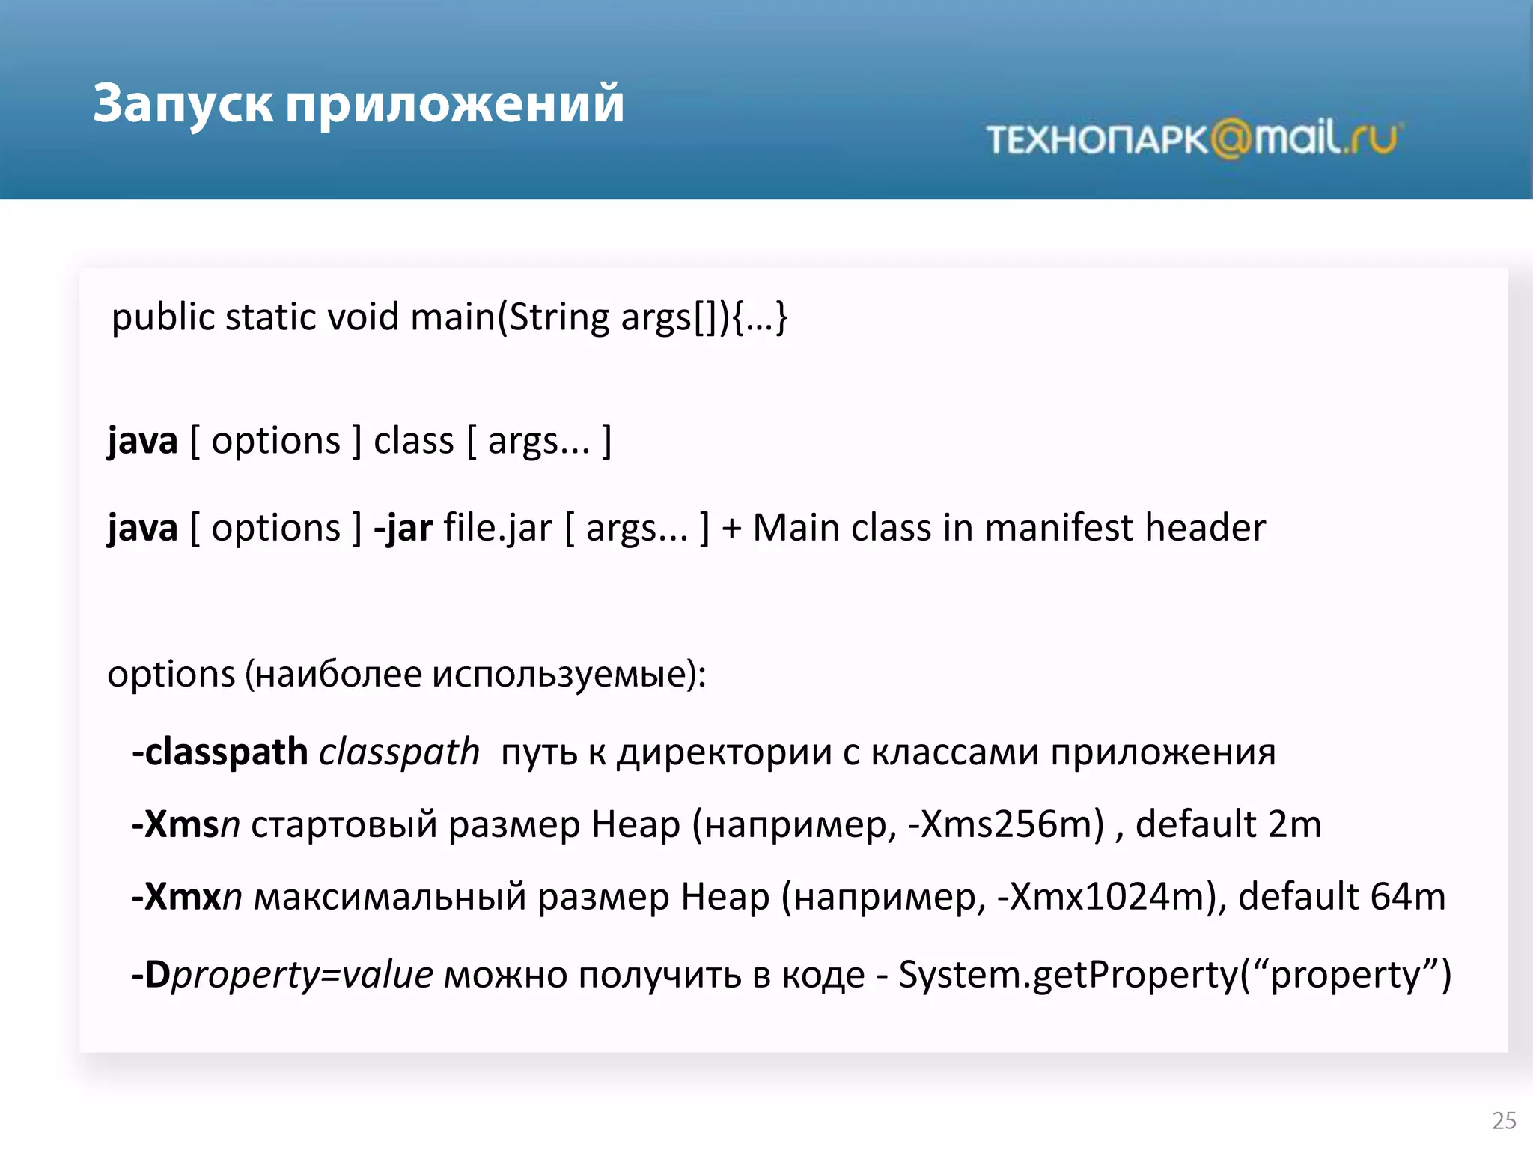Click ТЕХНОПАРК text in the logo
click(1097, 140)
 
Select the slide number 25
click(1504, 1120)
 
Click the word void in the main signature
click(363, 317)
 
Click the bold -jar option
click(403, 528)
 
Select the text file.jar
click(498, 528)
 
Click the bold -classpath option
click(219, 752)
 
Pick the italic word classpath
click(399, 752)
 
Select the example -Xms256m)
click(1005, 824)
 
